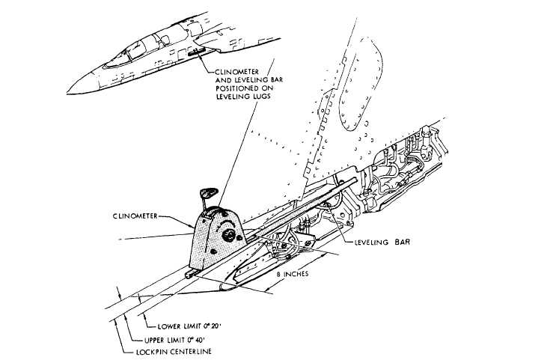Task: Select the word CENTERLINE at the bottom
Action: point(186,350)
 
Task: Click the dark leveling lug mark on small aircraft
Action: point(199,53)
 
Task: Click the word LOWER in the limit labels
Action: point(168,327)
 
